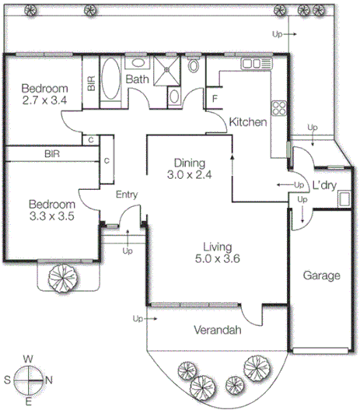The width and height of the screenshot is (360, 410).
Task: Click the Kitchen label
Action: click(248, 122)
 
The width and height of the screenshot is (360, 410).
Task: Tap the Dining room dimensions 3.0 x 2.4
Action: click(189, 175)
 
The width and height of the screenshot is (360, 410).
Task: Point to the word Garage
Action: click(322, 275)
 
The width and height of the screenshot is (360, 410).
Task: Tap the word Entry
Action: click(127, 194)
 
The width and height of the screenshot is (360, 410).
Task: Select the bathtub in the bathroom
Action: click(110, 79)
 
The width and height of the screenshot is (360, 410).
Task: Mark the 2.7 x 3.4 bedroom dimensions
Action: click(44, 100)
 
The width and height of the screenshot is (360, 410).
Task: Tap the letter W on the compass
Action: click(29, 359)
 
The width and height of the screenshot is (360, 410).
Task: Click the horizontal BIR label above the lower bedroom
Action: click(52, 155)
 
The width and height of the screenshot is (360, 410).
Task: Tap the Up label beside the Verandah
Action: click(138, 319)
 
